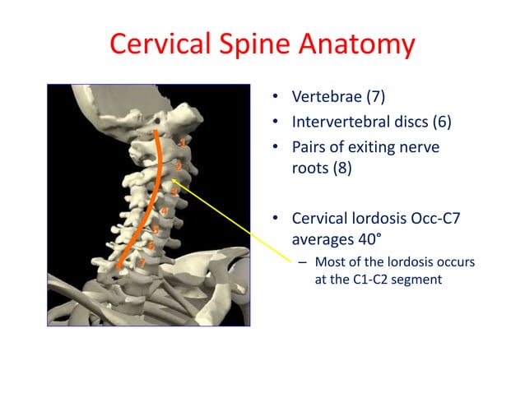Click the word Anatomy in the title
pyautogui.click(x=357, y=44)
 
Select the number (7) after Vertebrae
pyautogui.click(x=373, y=100)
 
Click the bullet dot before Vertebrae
pyautogui.click(x=278, y=101)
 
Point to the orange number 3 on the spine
pyautogui.click(x=173, y=192)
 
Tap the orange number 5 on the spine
pyautogui.click(x=155, y=229)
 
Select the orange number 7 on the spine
pyautogui.click(x=142, y=262)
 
